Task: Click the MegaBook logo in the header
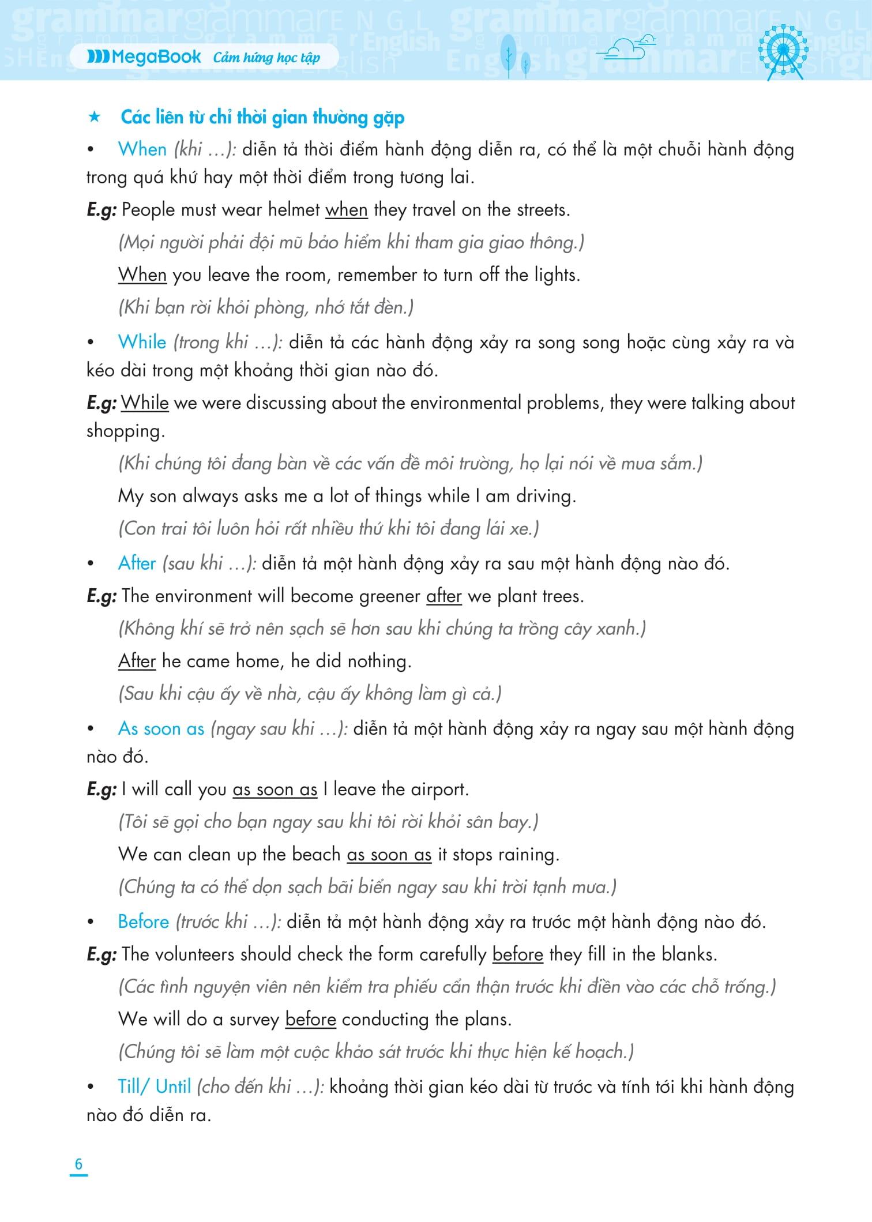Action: pyautogui.click(x=144, y=57)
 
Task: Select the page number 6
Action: pyautogui.click(x=78, y=1164)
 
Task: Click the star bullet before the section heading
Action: pyautogui.click(x=94, y=118)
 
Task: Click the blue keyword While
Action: pyautogui.click(x=142, y=342)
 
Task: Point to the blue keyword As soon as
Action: pyautogui.click(x=161, y=728)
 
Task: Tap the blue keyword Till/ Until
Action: pyautogui.click(x=154, y=1086)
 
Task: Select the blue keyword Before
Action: pyautogui.click(x=143, y=922)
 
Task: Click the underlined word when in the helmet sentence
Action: pyautogui.click(x=346, y=209)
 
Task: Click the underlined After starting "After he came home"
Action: pyautogui.click(x=137, y=661)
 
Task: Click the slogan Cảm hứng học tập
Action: pyautogui.click(x=266, y=57)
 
